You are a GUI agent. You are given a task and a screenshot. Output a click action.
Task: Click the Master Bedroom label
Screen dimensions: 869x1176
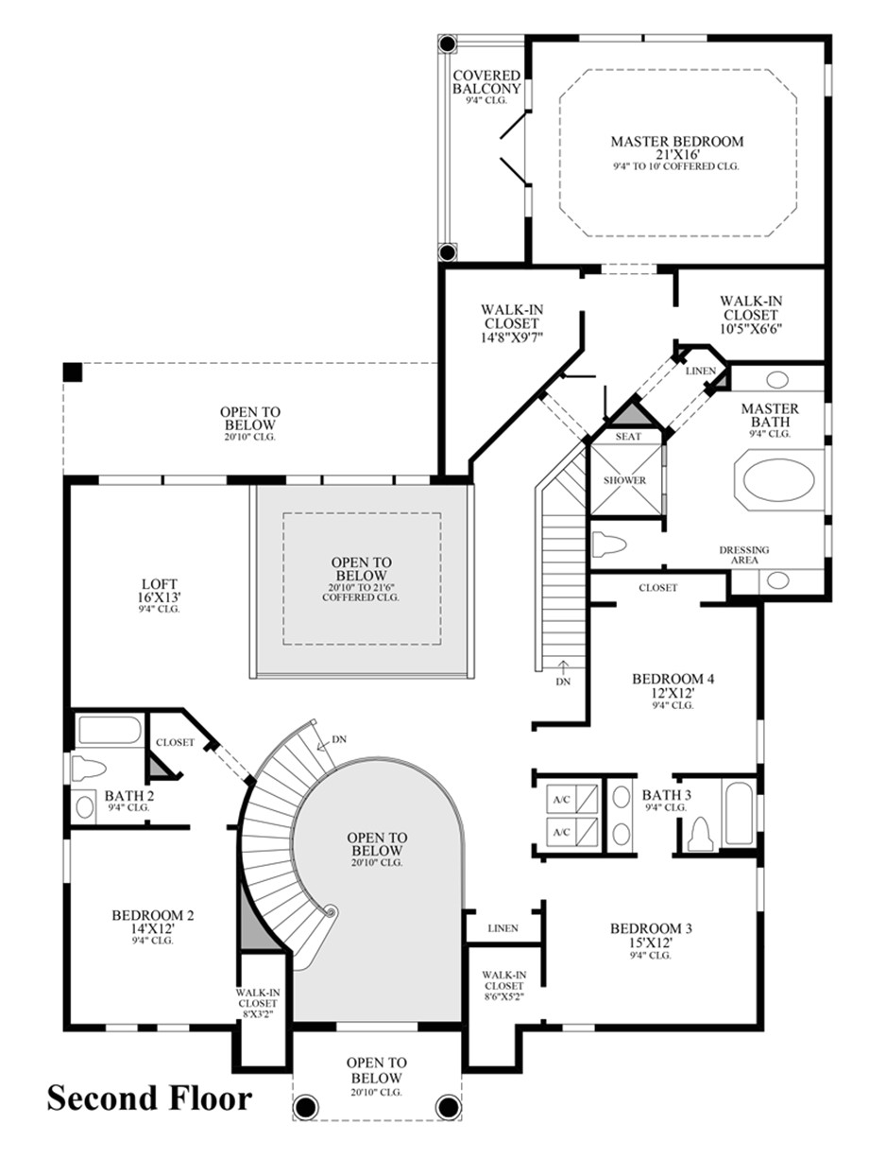676,142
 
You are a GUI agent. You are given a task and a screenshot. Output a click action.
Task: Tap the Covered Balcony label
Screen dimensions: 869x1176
486,81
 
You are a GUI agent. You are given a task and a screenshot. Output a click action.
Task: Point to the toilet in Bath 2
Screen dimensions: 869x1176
89,769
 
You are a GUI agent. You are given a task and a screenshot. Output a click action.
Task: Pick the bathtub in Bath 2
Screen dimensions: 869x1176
110,730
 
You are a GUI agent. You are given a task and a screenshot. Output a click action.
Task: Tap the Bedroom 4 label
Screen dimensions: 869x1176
673,679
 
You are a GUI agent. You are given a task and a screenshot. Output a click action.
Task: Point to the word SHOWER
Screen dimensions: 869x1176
624,480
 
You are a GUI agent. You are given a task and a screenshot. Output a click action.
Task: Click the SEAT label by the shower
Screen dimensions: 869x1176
628,437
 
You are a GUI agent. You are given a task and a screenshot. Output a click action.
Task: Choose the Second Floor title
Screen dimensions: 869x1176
149,1098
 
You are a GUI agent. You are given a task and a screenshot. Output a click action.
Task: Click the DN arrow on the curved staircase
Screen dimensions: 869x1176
322,745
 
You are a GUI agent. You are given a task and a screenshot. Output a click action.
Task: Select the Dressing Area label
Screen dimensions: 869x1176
744,555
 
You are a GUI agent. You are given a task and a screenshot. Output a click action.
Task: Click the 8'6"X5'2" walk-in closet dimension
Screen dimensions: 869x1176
503,996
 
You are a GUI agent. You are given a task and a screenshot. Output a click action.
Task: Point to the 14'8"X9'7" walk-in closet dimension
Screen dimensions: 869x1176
512,337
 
